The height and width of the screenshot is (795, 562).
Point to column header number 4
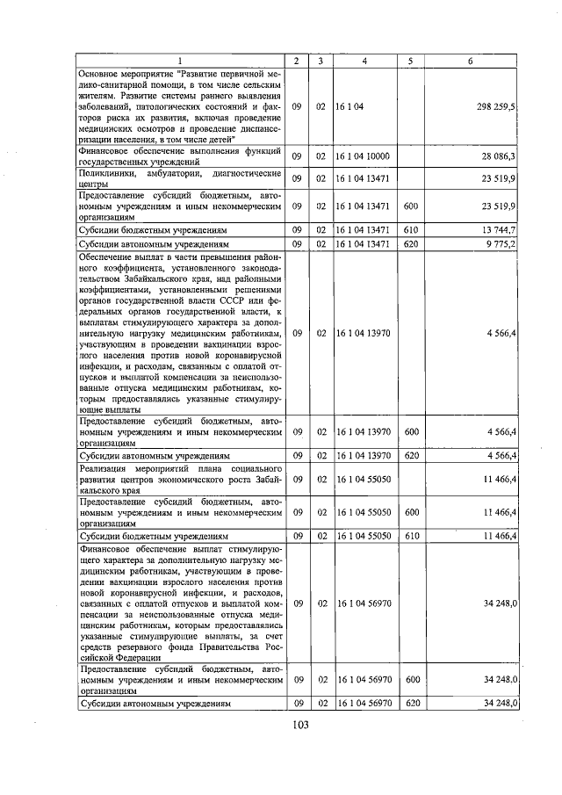[364, 61]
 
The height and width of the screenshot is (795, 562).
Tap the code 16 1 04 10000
[363, 156]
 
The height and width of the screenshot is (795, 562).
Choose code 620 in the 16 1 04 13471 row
[409, 243]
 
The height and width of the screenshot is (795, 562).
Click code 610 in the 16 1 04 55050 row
[409, 535]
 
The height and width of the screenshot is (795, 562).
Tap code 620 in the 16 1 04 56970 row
[409, 704]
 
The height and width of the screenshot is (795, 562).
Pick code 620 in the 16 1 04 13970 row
[409, 455]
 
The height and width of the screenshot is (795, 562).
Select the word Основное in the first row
[101, 73]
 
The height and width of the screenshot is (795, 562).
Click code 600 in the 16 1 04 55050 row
[409, 511]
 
